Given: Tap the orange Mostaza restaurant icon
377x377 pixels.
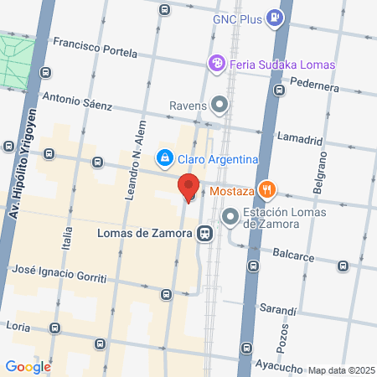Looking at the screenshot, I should click(266, 190).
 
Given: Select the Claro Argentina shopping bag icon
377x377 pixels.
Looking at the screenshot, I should click(165, 158).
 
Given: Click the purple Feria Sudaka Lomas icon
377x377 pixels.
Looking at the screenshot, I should click(217, 64).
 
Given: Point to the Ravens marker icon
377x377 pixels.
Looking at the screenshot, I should click(220, 106).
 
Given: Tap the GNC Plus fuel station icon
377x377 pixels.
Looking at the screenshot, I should click(274, 17).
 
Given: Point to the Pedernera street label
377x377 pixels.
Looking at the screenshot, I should click(316, 84).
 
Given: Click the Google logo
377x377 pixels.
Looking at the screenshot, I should click(28, 366).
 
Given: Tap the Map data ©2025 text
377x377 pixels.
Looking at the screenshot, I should click(340, 370).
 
